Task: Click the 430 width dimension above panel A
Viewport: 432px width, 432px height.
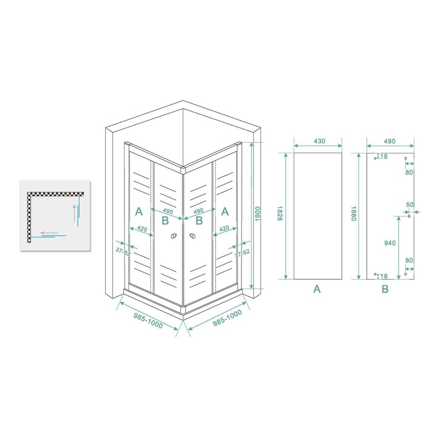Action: point(319,141)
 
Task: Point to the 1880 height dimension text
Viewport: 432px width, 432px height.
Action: point(353,216)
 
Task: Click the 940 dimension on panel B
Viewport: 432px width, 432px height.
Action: point(390,243)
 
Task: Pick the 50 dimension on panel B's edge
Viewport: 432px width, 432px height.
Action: point(409,204)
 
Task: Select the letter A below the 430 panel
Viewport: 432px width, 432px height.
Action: point(317,289)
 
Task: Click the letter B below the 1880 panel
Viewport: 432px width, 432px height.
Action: point(385,289)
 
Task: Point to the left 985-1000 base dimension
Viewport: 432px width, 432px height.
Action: point(148,318)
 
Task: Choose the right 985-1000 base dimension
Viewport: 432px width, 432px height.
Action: point(219,318)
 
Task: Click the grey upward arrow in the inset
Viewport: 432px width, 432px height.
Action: point(74,213)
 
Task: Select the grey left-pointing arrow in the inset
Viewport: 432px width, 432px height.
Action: point(49,233)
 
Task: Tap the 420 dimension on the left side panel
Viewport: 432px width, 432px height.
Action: point(141,229)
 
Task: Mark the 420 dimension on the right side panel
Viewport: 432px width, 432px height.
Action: point(224,229)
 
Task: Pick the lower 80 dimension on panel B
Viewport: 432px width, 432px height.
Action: point(409,261)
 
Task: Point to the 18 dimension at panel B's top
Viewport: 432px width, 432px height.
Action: point(384,156)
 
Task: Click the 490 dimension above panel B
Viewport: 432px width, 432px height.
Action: point(389,141)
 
